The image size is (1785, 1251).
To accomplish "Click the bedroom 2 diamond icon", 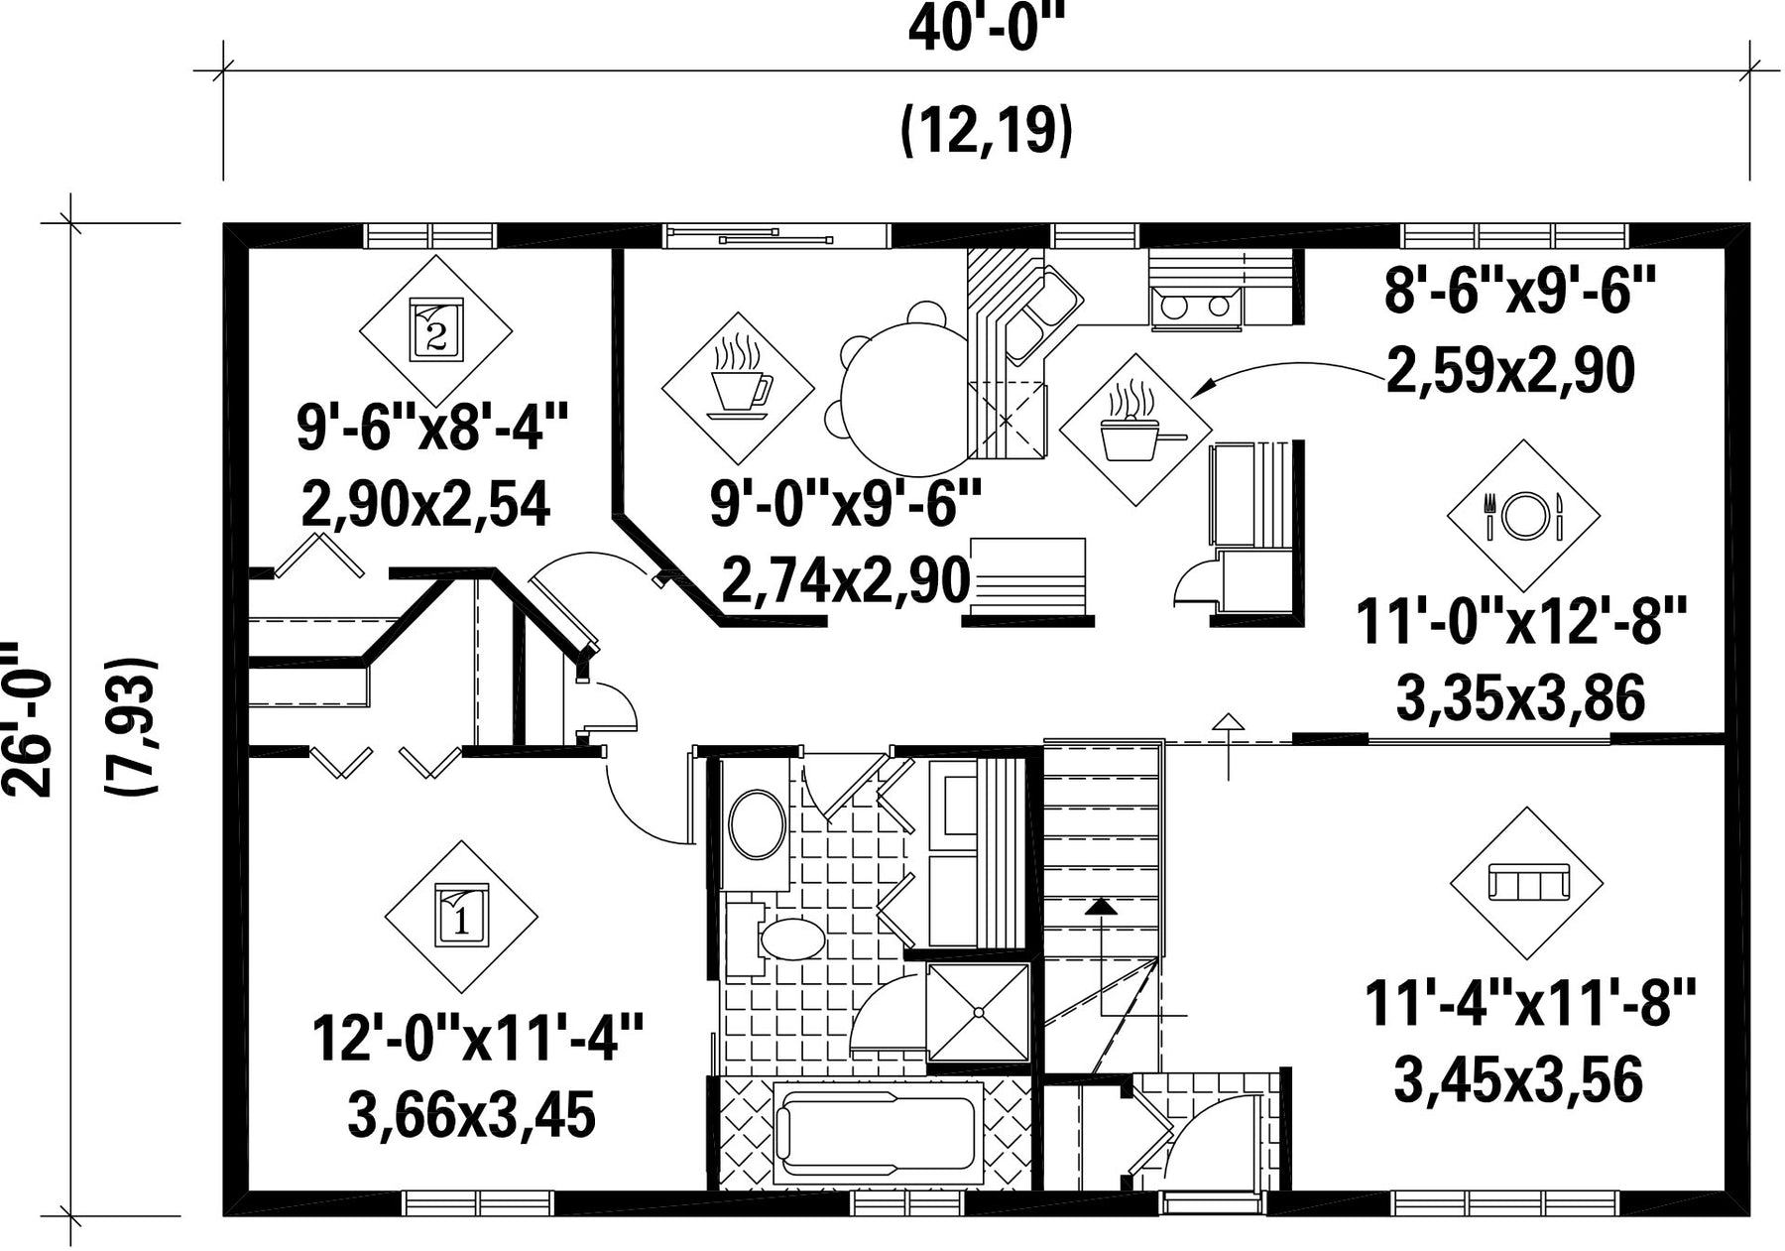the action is point(435,330).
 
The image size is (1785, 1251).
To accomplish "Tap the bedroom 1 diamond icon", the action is point(461,917).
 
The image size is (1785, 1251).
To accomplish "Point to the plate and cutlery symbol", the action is point(1523,516).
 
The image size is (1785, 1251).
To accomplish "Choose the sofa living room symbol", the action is point(1527,882).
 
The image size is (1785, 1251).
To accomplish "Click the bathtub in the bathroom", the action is point(877,1132).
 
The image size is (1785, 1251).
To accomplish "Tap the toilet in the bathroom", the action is point(783,938).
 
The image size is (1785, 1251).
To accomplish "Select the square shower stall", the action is point(978,1012).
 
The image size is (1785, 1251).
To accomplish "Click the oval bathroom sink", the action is point(757,823).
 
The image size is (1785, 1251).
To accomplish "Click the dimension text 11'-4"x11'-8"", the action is point(1529,1003).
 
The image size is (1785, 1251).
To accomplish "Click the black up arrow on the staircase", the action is point(1100,906).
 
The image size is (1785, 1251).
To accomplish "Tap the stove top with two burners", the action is point(1196,306).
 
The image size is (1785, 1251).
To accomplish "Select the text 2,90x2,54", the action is point(426,505).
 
